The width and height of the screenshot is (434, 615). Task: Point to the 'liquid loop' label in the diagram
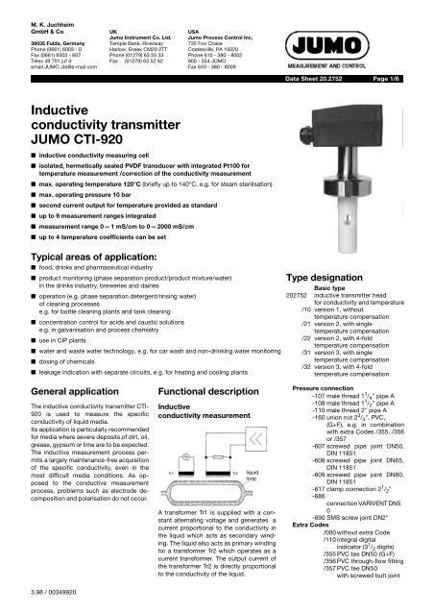coord(253,476)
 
